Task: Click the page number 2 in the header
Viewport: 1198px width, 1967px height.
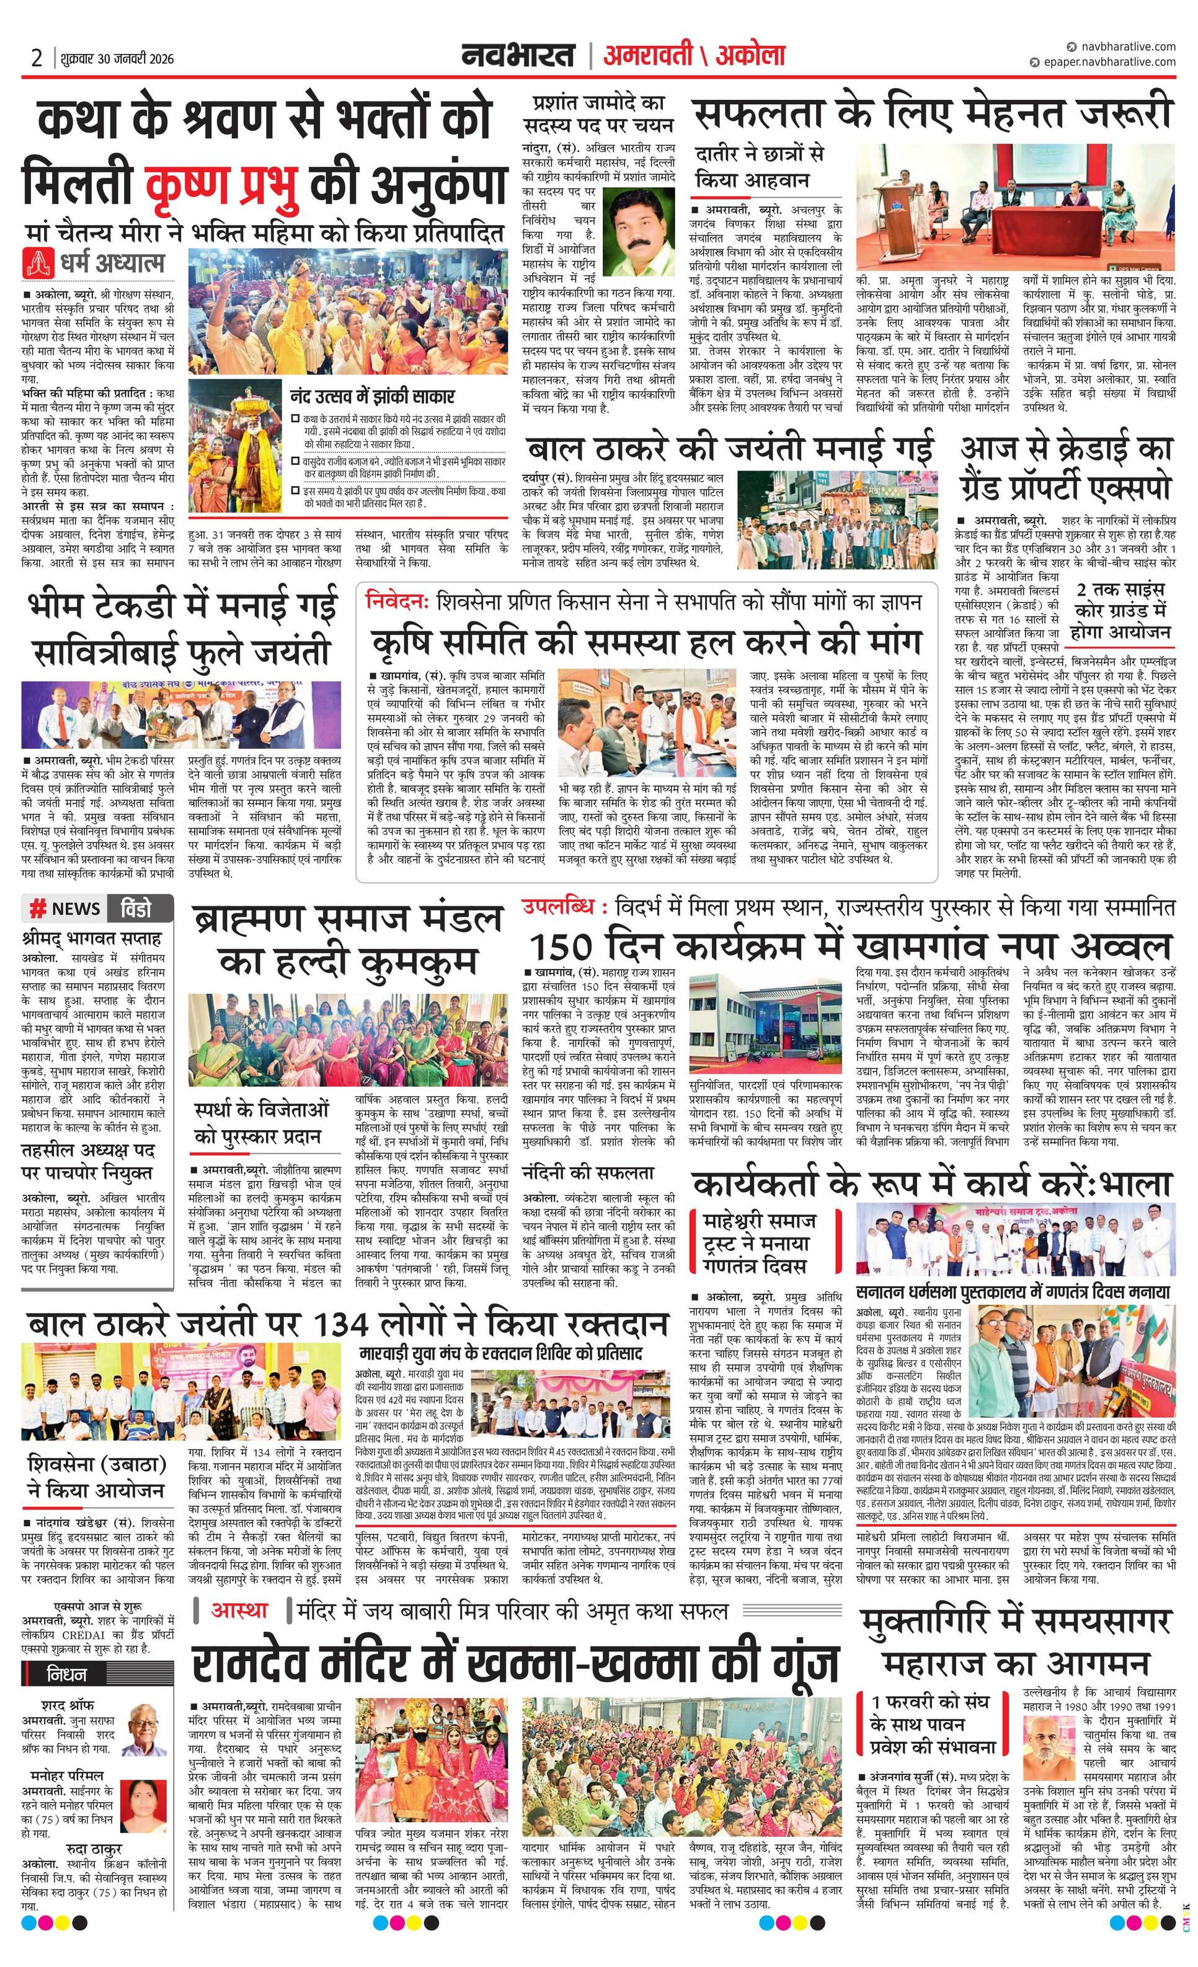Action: [x=37, y=58]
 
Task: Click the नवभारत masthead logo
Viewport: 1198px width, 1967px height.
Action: [x=518, y=55]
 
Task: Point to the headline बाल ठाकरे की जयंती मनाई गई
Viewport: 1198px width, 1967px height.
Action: [x=729, y=446]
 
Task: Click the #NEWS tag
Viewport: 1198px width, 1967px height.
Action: [x=66, y=908]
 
